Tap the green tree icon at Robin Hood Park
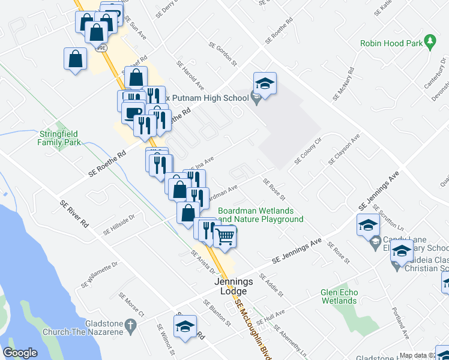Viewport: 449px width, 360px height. click(430, 41)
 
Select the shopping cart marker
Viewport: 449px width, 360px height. click(225, 236)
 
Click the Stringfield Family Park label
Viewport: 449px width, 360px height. click(59, 138)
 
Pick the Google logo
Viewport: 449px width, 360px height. click(20, 352)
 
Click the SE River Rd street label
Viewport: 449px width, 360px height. click(74, 213)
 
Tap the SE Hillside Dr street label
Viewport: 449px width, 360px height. click(119, 224)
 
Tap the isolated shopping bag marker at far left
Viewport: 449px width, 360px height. click(74, 59)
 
